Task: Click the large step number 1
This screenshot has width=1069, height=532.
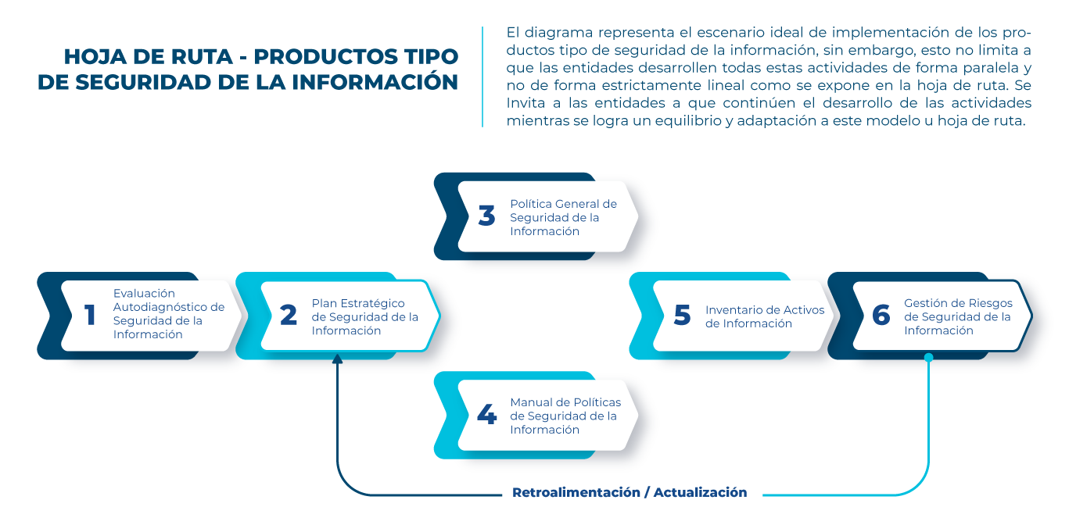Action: coord(90,315)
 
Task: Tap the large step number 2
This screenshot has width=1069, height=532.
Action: coord(289,315)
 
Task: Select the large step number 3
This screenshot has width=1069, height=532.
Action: coord(486,216)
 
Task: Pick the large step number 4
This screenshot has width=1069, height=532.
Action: coord(486,415)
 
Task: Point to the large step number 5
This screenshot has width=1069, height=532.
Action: coord(682,315)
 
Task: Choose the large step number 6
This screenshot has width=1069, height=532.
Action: coord(881,315)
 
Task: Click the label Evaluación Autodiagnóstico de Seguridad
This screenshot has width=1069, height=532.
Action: coord(168,314)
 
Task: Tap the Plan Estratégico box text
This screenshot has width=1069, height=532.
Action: coord(364,316)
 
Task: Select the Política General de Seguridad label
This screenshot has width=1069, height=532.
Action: coord(563,217)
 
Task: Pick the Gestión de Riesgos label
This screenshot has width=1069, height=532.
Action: coord(957,316)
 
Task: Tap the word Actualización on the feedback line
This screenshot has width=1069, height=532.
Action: coord(700,493)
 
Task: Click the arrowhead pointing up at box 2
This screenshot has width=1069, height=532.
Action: coord(337,360)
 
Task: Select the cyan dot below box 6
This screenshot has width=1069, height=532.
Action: coord(929,358)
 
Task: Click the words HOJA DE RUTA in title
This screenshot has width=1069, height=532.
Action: coord(149,57)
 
